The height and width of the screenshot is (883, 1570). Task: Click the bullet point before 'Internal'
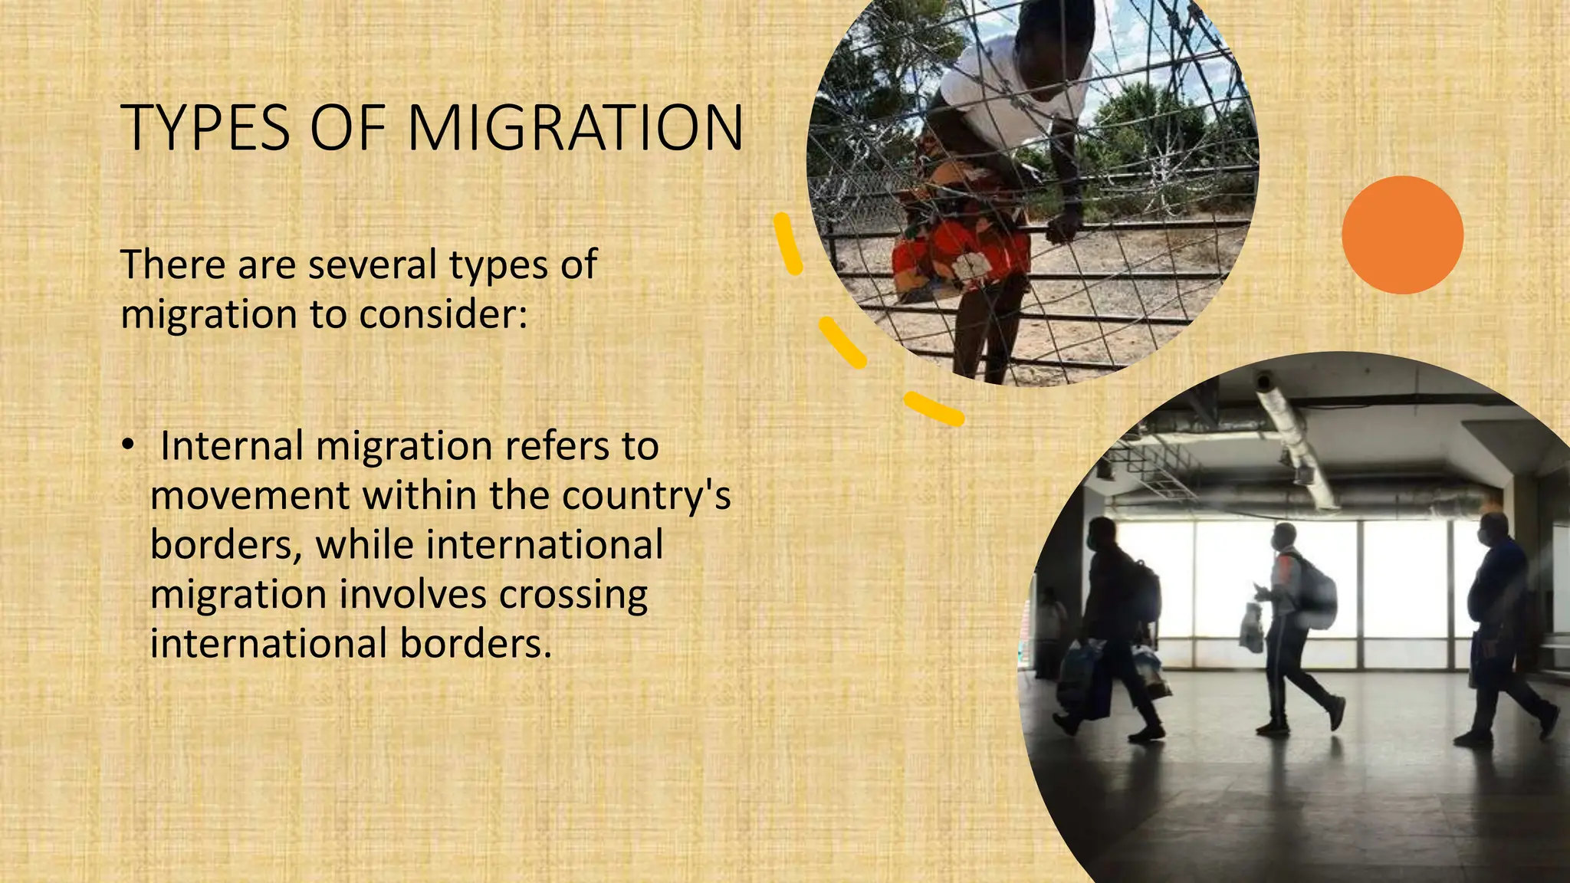click(x=128, y=445)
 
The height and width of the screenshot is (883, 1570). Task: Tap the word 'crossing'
click(x=573, y=595)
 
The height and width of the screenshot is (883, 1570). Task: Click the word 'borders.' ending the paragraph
click(x=475, y=644)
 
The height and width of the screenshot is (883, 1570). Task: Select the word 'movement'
click(x=250, y=496)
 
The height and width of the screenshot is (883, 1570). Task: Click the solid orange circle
click(x=1402, y=235)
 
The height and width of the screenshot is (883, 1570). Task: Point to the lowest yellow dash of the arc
click(x=933, y=409)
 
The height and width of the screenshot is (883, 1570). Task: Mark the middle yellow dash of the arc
click(x=842, y=342)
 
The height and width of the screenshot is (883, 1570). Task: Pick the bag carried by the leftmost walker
click(x=1079, y=675)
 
